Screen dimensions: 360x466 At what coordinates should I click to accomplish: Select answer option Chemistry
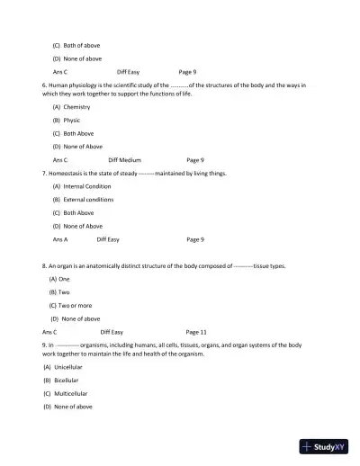76,107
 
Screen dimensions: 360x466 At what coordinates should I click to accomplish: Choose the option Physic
72,120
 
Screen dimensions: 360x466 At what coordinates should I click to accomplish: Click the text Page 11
196,332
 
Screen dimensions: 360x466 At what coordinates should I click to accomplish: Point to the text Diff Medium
126,160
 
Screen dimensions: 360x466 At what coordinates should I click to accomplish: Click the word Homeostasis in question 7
68,174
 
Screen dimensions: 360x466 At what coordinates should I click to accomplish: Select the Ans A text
60,239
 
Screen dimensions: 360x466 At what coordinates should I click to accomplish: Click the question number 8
44,266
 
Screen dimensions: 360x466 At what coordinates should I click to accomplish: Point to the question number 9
44,345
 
